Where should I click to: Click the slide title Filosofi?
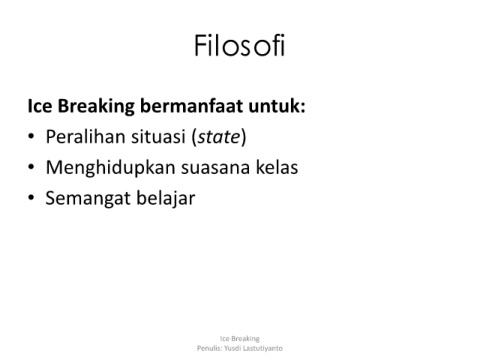click(x=240, y=45)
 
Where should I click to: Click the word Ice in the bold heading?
click(x=40, y=106)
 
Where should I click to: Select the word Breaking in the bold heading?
click(x=96, y=107)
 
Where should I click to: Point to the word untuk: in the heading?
click(x=277, y=106)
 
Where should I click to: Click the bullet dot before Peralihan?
click(x=31, y=137)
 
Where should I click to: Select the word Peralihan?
click(x=85, y=137)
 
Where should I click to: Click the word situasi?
click(x=158, y=137)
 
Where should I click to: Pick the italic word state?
click(x=219, y=137)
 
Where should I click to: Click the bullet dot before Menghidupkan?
click(x=31, y=167)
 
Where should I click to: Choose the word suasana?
click(x=215, y=168)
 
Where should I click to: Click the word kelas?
click(x=277, y=167)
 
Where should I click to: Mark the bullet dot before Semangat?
click(x=31, y=198)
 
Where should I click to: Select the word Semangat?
click(x=88, y=199)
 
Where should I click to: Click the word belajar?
click(x=166, y=199)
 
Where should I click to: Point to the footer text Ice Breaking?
click(x=240, y=339)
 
